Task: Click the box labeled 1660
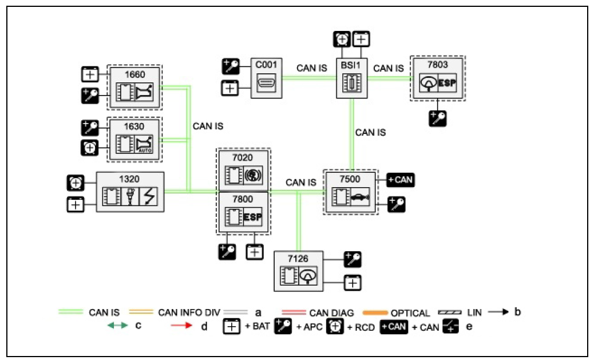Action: (x=135, y=88)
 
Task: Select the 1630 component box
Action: (x=135, y=138)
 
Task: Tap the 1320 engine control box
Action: (x=130, y=192)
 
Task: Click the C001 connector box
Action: (x=266, y=78)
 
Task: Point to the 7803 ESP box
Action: (x=438, y=78)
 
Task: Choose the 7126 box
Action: (x=299, y=269)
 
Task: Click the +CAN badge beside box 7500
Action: (x=401, y=180)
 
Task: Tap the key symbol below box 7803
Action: (x=438, y=118)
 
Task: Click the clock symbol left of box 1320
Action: (x=76, y=183)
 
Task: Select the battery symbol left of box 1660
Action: (x=90, y=74)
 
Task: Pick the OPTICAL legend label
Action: (x=410, y=313)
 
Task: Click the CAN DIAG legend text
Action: (x=331, y=313)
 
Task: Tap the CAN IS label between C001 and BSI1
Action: (x=311, y=68)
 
